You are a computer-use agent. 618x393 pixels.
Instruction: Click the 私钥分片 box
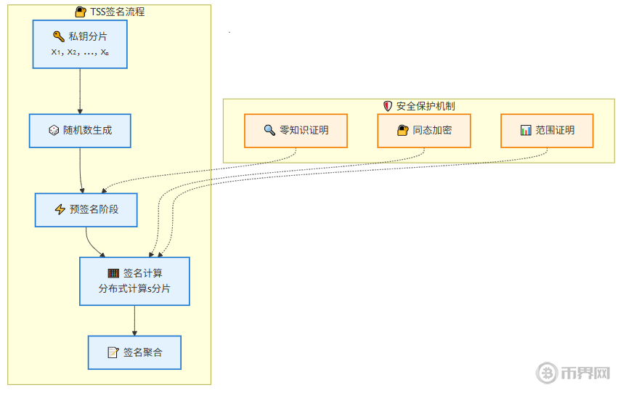(x=79, y=44)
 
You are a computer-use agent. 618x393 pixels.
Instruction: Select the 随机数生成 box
(x=80, y=131)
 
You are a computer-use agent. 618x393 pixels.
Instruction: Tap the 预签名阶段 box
(x=86, y=210)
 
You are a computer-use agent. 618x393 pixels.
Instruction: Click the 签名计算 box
(x=134, y=282)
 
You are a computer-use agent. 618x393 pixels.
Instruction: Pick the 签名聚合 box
(x=134, y=352)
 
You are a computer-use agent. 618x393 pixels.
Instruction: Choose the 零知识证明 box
(x=296, y=131)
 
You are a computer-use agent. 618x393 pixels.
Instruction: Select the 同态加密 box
(x=424, y=131)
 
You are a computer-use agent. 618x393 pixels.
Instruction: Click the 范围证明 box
(x=547, y=131)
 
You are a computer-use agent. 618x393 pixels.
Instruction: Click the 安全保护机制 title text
(x=426, y=106)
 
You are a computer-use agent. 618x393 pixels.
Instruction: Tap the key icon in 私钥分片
(x=59, y=36)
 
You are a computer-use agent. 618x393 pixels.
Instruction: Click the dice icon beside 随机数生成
(x=54, y=131)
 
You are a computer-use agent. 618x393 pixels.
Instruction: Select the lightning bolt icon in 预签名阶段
(x=60, y=210)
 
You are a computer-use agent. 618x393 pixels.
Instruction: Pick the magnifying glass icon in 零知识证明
(x=269, y=131)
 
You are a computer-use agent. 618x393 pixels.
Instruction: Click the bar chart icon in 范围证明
(x=526, y=131)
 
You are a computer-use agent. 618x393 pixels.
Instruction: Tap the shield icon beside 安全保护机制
(x=387, y=106)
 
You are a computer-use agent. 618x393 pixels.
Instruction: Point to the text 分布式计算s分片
(x=134, y=289)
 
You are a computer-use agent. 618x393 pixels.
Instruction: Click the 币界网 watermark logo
(x=574, y=373)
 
